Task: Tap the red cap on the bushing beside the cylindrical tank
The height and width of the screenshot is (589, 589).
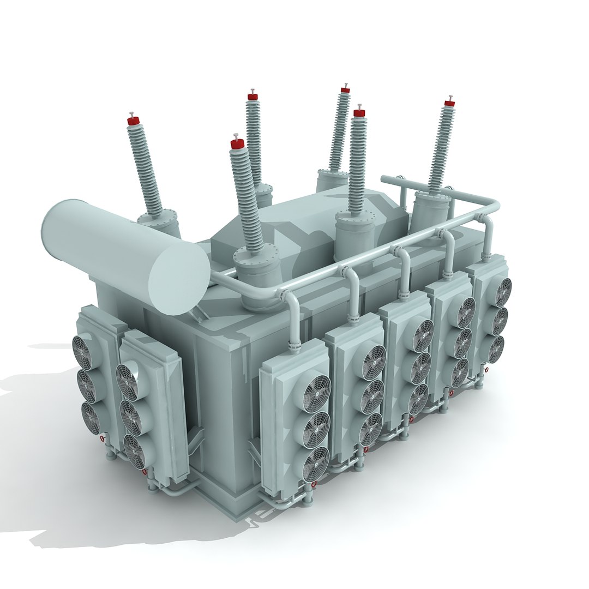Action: [x=133, y=121]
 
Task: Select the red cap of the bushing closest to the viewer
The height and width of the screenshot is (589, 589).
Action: [x=237, y=143]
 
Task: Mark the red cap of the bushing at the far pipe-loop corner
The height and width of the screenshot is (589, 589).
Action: [x=449, y=103]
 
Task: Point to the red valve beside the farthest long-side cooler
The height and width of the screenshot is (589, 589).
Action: [x=486, y=370]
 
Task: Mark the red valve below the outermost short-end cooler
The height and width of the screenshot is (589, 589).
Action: [x=102, y=438]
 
